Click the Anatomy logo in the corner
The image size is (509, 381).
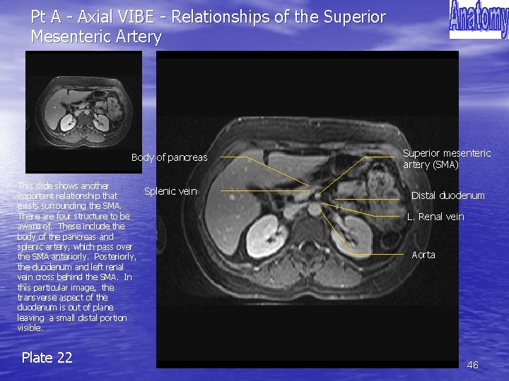pos(479,20)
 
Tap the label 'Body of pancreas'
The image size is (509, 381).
pos(170,157)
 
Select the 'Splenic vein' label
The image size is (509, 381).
pos(170,191)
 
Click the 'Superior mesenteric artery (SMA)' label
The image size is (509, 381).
pos(447,159)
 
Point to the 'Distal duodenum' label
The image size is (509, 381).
pos(448,195)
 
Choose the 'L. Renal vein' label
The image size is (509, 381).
pos(435,217)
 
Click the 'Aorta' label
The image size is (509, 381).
pos(423,255)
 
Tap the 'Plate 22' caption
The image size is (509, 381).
pos(47,358)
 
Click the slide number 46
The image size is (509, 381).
pos(473,365)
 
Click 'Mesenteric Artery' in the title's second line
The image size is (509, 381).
pos(96,37)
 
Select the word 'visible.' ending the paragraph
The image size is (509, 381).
pos(30,328)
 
